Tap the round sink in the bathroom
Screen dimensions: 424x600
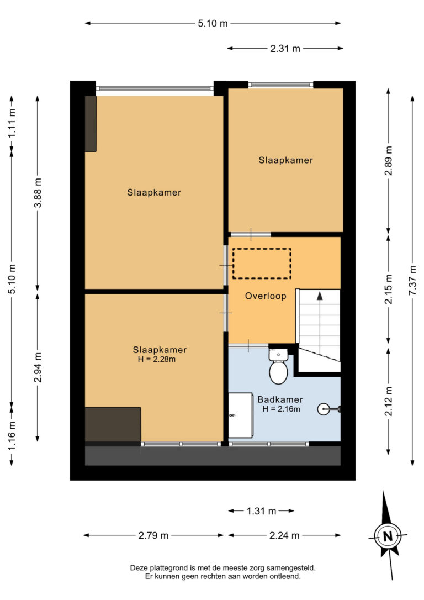click(x=324, y=409)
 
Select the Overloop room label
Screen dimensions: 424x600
click(x=266, y=296)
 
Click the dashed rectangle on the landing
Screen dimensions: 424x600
click(x=262, y=264)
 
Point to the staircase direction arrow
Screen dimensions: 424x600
click(x=320, y=296)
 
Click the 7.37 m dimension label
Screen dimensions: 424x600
click(x=412, y=281)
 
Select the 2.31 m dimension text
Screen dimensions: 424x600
click(x=285, y=49)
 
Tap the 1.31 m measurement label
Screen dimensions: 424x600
click(x=261, y=511)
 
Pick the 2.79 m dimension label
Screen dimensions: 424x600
click(x=153, y=535)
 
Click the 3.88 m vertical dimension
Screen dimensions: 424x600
click(x=38, y=192)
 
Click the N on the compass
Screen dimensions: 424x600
click(x=388, y=536)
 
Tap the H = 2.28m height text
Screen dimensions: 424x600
click(x=157, y=359)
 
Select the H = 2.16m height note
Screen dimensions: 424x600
click(x=281, y=409)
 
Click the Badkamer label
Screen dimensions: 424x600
click(x=280, y=399)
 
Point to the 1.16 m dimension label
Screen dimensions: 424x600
click(x=12, y=435)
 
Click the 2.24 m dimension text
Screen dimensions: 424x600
click(x=284, y=535)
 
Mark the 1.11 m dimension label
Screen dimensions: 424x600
click(x=12, y=123)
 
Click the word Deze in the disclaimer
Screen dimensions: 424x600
click(x=139, y=568)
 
